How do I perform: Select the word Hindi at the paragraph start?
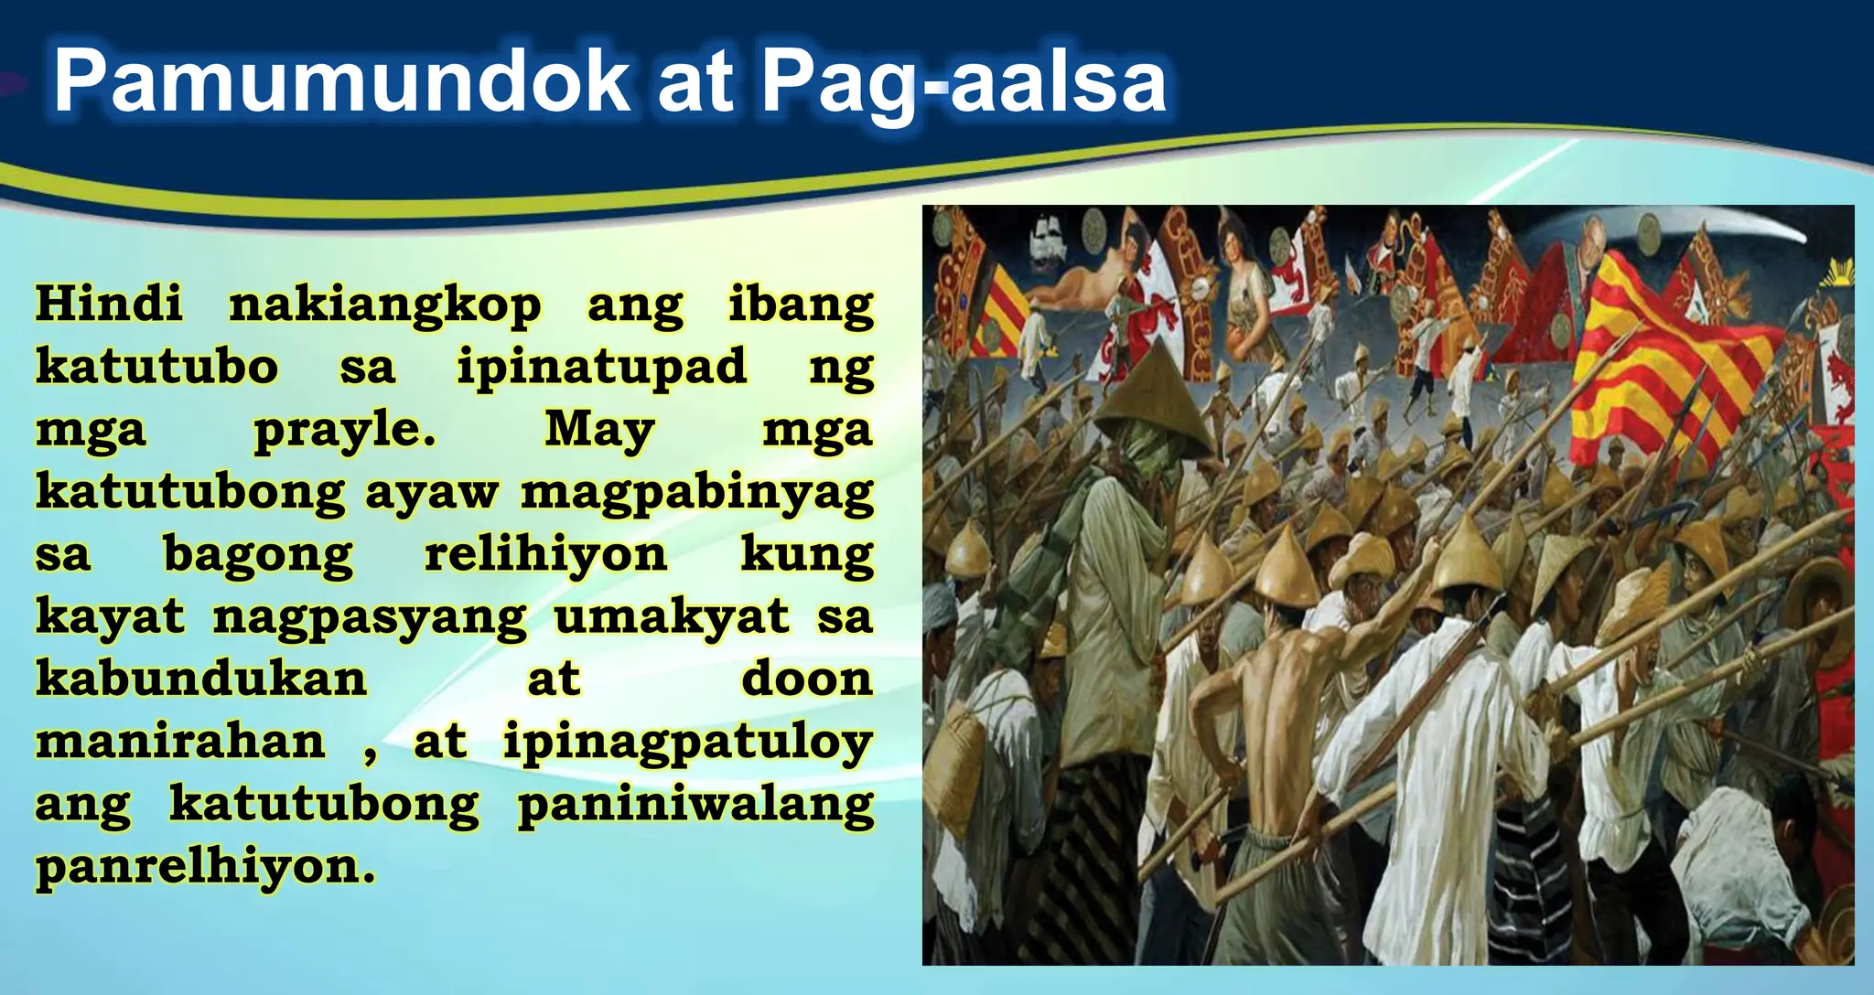pos(109,304)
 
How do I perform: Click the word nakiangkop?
pos(384,305)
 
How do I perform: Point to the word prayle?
pos(343,430)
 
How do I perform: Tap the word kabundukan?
pos(201,679)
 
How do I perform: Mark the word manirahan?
pos(180,741)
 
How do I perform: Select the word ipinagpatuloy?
pos(687,743)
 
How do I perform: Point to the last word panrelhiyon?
pos(205,866)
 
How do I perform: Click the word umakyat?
pos(671,616)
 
